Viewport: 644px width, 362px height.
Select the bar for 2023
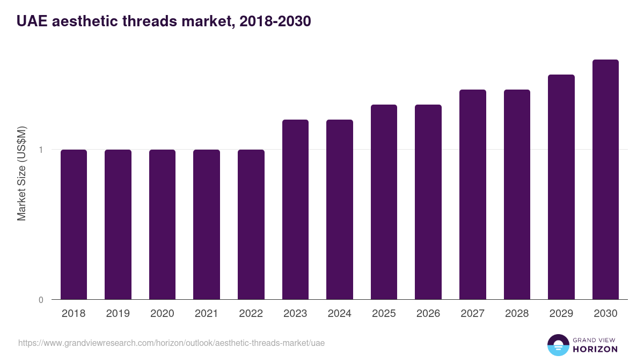(x=295, y=209)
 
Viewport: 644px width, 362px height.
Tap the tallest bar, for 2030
(x=605, y=179)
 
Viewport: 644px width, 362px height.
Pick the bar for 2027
(x=472, y=194)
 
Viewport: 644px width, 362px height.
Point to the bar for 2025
(x=384, y=202)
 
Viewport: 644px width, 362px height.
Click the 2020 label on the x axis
(x=162, y=314)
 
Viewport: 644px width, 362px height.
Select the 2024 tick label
(x=339, y=314)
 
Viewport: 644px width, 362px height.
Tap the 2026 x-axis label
(x=428, y=314)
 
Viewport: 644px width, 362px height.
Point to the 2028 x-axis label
(x=516, y=314)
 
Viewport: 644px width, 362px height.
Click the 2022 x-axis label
(x=251, y=314)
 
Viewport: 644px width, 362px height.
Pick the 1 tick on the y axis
(x=41, y=150)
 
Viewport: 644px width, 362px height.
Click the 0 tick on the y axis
(x=41, y=300)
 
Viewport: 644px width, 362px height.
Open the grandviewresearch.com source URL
(x=171, y=343)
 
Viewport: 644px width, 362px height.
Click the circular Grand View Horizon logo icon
(x=558, y=345)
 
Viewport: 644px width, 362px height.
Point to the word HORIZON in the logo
(x=595, y=349)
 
